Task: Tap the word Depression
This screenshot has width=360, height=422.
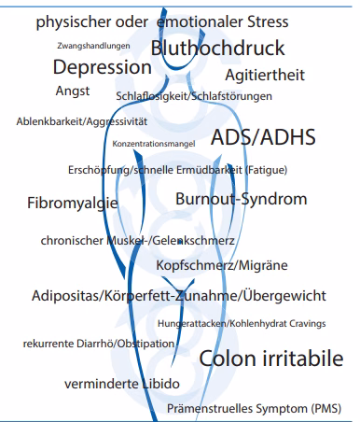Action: click(x=102, y=67)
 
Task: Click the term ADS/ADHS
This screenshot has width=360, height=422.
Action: click(x=263, y=137)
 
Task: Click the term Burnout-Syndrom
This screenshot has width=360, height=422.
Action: click(x=241, y=199)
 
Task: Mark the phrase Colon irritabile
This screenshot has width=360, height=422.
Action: click(x=271, y=359)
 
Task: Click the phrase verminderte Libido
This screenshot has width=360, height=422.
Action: click(x=109, y=384)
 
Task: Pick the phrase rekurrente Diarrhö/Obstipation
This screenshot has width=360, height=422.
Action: click(x=99, y=344)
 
